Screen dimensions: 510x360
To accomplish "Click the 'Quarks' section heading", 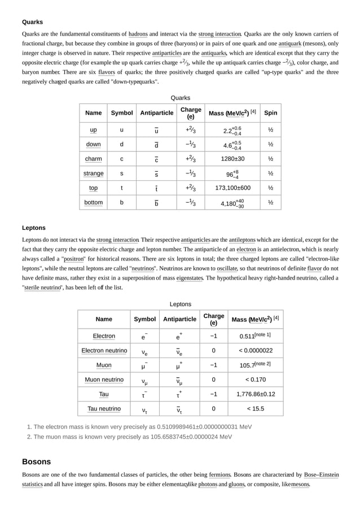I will (32, 22).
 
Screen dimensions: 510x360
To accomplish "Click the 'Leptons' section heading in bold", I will (34, 228).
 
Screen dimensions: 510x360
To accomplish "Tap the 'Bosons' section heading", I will (36, 461).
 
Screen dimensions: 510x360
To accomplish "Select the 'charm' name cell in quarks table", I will (93, 159).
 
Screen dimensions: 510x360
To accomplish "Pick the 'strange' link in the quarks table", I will (93, 173).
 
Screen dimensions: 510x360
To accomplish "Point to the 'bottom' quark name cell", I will (93, 202).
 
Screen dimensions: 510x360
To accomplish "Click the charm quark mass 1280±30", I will (232, 159).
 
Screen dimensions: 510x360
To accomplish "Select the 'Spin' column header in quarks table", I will (270, 113).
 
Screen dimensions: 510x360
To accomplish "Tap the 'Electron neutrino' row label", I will (104, 350).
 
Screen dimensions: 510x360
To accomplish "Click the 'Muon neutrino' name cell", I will (104, 380).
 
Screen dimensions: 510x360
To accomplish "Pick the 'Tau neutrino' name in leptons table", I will (104, 408).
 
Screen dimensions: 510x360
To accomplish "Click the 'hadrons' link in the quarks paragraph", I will (138, 34).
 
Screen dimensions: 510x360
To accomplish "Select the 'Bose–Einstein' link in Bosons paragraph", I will (321, 475).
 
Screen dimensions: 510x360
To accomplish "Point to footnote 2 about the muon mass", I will (133, 437).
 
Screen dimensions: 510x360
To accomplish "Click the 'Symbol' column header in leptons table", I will (144, 319).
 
